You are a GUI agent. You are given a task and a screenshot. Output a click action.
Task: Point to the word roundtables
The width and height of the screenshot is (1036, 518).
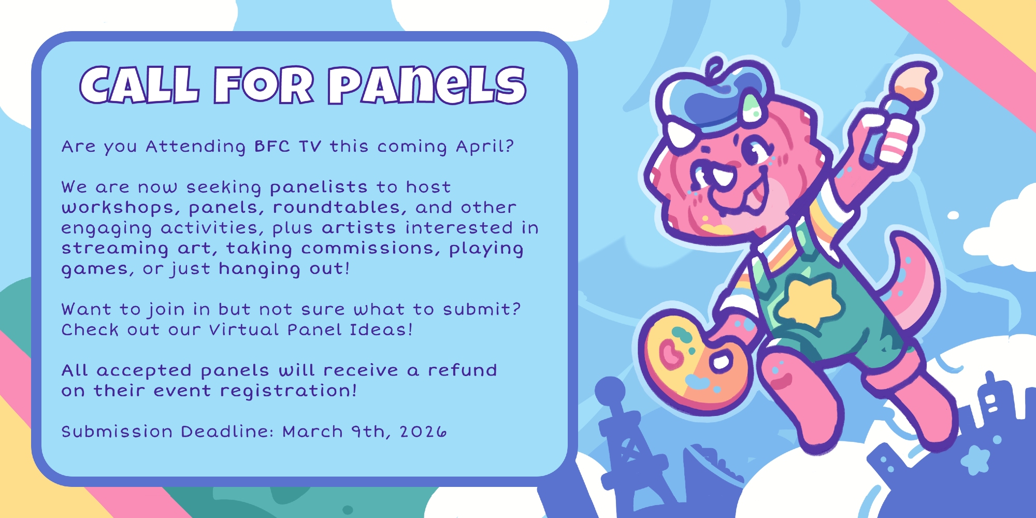pos(337,207)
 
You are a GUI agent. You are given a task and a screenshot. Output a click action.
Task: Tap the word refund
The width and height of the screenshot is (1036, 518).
pos(462,370)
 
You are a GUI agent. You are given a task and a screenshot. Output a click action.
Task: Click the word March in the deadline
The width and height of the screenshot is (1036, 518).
pos(312,431)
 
